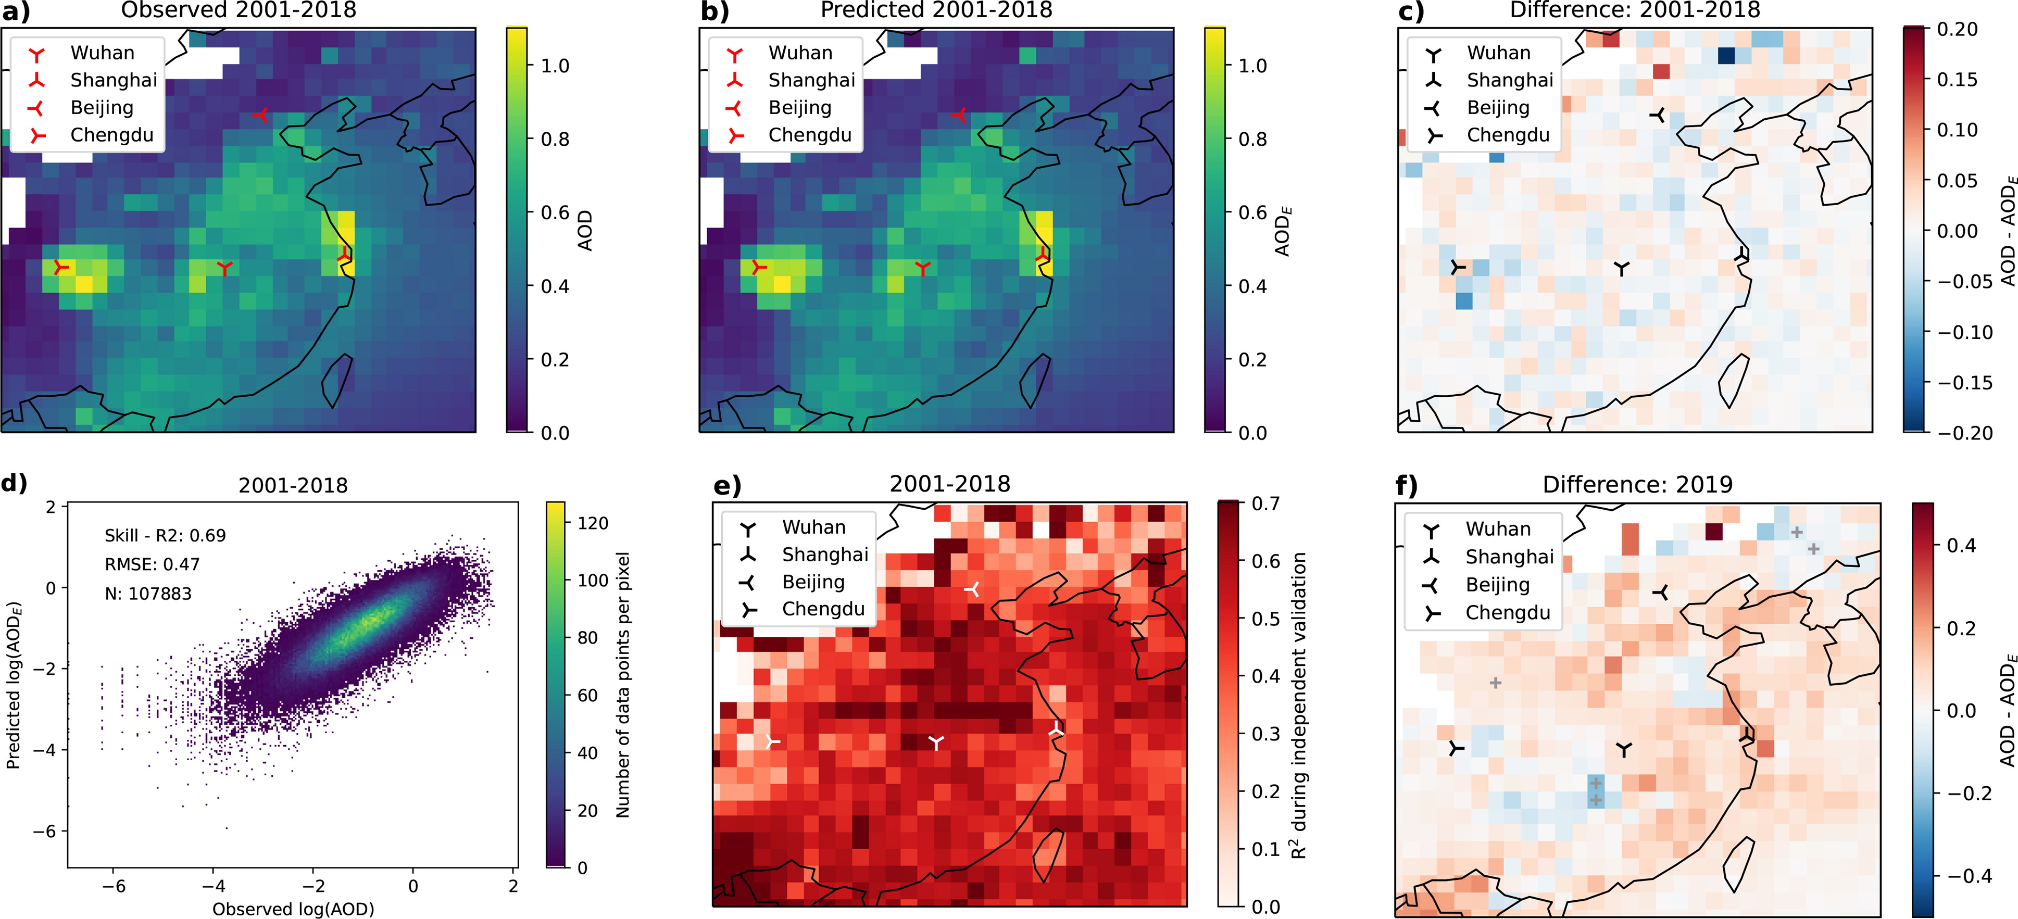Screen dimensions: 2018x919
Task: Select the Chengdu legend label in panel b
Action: point(809,135)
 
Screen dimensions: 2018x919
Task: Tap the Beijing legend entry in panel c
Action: point(1498,107)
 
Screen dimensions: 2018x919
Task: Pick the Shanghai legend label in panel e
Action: point(825,555)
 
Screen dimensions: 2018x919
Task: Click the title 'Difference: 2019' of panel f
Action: point(1637,484)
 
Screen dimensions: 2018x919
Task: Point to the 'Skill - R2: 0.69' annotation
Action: point(165,535)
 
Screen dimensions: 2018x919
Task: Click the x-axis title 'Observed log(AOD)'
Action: point(293,909)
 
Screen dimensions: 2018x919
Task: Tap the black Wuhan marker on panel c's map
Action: point(1621,269)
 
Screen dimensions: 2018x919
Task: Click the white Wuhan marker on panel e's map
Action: point(935,742)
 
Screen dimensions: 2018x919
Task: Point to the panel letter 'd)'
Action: point(14,483)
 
